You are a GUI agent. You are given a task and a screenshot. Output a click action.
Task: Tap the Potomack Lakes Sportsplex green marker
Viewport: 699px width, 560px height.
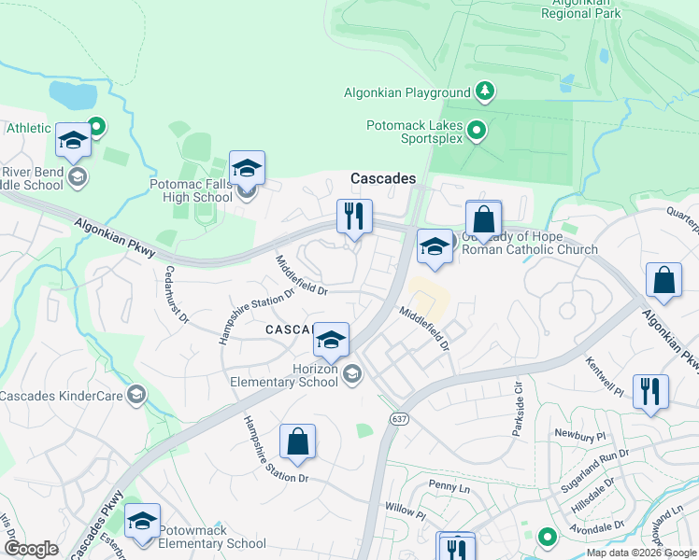click(477, 131)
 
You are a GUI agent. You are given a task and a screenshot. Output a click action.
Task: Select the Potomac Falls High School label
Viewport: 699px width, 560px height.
click(191, 191)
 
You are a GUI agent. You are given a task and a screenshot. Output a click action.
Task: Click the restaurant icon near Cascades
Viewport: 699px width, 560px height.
click(354, 217)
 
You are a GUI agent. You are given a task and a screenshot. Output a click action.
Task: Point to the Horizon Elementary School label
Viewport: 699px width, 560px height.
click(285, 375)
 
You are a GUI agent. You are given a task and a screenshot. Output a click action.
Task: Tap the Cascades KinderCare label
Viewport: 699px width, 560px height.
click(62, 396)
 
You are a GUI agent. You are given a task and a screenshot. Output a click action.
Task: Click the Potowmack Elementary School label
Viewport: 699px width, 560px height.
click(211, 537)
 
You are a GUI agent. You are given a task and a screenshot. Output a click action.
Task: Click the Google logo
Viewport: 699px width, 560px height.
click(32, 549)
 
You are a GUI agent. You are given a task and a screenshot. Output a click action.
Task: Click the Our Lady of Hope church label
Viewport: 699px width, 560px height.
click(527, 243)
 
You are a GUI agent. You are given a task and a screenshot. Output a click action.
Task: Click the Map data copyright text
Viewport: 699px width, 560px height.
click(640, 553)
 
